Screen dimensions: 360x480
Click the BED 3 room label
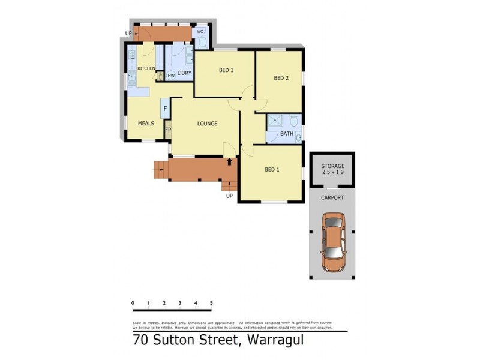point(226,70)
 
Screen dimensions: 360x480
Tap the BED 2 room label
point(281,78)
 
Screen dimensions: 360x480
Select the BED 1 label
point(272,169)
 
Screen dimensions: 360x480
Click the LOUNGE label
point(208,124)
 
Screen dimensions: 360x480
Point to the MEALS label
point(146,124)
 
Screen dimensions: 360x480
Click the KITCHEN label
point(146,68)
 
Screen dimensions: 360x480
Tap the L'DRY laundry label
point(184,73)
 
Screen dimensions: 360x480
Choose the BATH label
point(287,134)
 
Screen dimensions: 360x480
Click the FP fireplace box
point(168,130)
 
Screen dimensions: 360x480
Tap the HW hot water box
point(171,76)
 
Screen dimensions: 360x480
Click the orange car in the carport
point(334,241)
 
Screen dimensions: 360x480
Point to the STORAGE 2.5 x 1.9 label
point(332,169)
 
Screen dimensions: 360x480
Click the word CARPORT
point(332,196)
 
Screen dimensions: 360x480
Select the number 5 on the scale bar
point(211,302)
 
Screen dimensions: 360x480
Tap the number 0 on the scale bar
point(133,302)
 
